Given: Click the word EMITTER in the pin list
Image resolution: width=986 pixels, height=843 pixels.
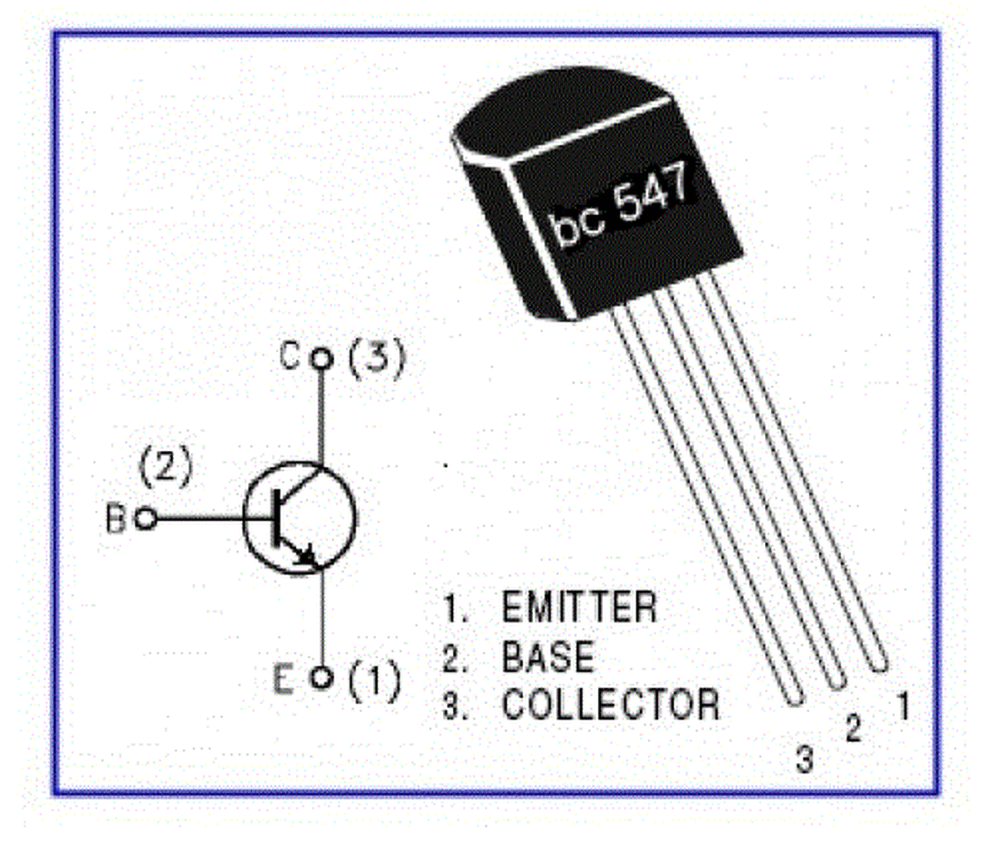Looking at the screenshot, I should coord(579,607).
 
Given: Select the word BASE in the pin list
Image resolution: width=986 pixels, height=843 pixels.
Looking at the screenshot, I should coord(548,657).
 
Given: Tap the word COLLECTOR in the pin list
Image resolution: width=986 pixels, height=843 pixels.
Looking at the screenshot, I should coord(611,704).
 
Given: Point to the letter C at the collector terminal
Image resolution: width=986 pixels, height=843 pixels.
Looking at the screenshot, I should coord(290,357).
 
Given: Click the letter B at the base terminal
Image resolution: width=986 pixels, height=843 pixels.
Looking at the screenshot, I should coord(116,519).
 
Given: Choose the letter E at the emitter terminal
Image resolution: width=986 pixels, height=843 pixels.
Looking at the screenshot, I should coord(283,679).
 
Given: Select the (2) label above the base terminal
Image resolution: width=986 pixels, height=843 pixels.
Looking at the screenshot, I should coord(165,465).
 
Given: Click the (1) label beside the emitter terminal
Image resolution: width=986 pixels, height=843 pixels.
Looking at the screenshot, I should coord(374,680).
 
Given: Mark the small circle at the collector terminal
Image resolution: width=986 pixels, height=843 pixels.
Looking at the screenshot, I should coord(321,358).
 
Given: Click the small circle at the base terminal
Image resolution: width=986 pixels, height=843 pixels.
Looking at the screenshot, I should coord(146,519).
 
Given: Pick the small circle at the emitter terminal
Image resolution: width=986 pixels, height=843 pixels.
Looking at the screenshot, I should coord(322,678).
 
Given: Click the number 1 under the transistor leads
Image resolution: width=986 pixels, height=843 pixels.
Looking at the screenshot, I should coord(903,707).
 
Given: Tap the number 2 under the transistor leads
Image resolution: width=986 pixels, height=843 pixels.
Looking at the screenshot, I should coord(853,728).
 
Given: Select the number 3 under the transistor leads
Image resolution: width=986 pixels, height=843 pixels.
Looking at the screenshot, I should coord(804,759).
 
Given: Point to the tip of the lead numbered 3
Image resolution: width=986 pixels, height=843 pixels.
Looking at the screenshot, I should coord(794,699).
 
